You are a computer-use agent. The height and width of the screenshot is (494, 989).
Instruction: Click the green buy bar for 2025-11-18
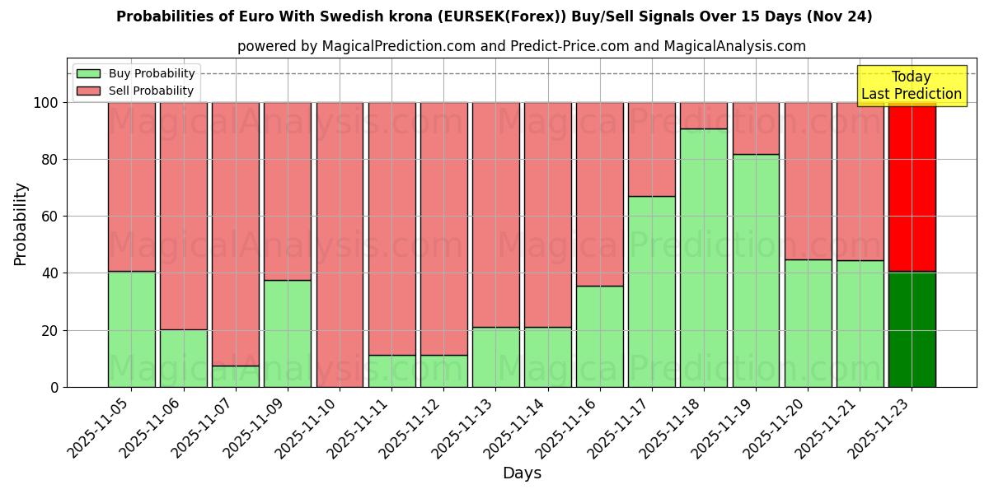(x=704, y=258)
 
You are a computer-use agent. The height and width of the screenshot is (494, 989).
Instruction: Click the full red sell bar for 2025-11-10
(x=340, y=245)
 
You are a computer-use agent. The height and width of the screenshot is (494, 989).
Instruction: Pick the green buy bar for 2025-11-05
(x=131, y=329)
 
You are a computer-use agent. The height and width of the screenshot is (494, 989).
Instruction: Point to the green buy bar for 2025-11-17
(x=652, y=291)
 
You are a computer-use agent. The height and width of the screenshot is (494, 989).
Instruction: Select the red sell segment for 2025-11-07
(x=236, y=234)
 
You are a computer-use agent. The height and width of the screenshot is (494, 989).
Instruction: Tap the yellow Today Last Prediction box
(x=912, y=86)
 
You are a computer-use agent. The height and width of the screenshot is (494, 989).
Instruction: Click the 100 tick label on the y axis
(x=45, y=103)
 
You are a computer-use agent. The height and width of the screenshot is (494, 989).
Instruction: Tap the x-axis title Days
(x=522, y=473)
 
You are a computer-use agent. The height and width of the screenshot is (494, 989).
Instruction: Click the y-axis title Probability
(x=21, y=223)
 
